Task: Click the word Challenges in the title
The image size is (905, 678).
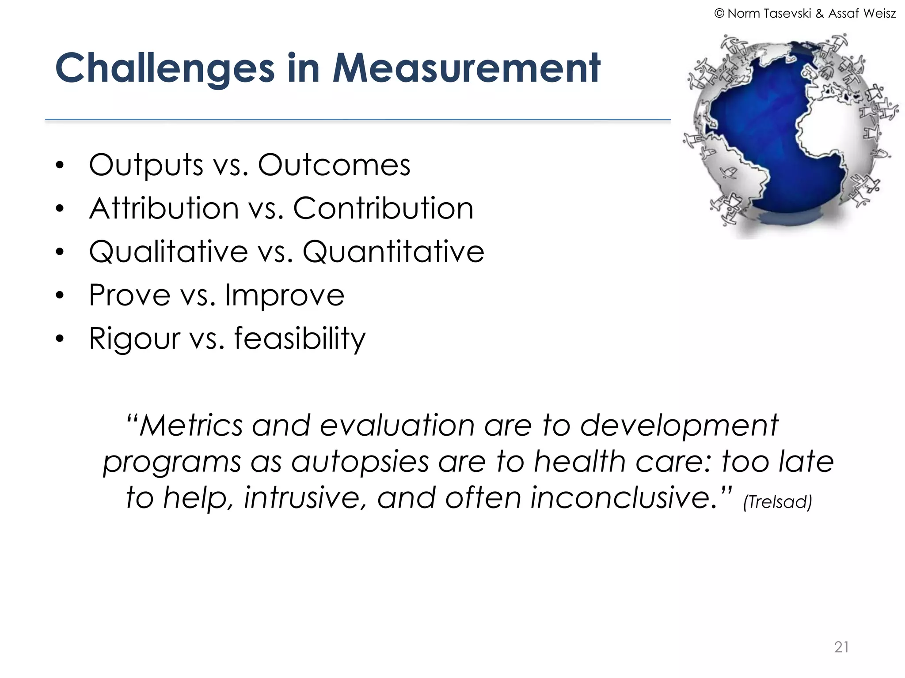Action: [165, 68]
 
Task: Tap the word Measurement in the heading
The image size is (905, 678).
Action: [466, 68]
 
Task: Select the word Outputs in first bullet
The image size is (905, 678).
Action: [146, 165]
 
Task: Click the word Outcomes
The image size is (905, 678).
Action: [334, 165]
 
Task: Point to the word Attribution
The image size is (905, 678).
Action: [164, 208]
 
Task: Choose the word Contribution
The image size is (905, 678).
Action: [383, 208]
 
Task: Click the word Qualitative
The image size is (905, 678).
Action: [168, 252]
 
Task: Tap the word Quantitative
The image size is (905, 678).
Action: [393, 252]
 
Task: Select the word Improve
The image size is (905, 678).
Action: [285, 295]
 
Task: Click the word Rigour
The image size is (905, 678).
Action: [134, 339]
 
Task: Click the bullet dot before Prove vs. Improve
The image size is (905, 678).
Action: [60, 295]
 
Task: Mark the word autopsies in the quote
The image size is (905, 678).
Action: [360, 462]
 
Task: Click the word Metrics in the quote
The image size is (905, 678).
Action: [191, 426]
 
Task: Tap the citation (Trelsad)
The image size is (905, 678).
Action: [777, 502]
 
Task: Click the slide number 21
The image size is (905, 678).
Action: [841, 647]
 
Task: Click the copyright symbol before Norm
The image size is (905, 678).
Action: [719, 14]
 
